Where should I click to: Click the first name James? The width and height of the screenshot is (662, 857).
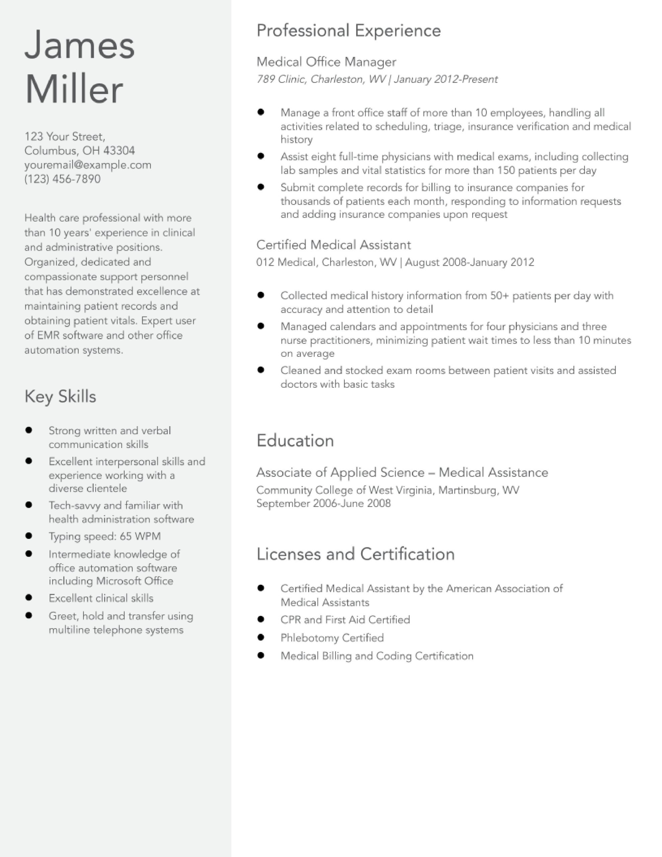tap(80, 46)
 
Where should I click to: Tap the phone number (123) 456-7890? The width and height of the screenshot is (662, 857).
tap(62, 179)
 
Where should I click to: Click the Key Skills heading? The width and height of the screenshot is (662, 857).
tap(60, 396)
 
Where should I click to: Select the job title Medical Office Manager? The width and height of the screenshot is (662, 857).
tap(326, 62)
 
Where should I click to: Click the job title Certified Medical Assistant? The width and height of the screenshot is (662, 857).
tap(334, 245)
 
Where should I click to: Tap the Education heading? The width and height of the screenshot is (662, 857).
tap(295, 441)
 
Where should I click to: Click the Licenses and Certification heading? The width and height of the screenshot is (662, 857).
tap(355, 554)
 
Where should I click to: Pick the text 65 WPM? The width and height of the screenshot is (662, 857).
tap(140, 536)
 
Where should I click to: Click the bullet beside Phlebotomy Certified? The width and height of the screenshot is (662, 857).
tap(261, 637)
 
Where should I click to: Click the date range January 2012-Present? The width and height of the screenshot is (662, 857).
tap(445, 80)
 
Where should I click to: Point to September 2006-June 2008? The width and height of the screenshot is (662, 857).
tap(323, 503)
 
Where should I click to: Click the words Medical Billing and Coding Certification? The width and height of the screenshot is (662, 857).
tap(377, 656)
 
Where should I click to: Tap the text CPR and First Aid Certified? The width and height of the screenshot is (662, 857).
tap(345, 620)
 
